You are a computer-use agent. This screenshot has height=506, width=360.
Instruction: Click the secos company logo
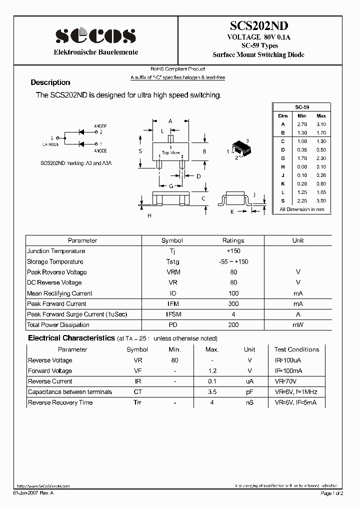point(95,35)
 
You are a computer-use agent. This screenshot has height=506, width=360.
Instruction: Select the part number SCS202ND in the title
point(258,26)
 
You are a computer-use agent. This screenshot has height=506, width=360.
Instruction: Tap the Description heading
point(50,82)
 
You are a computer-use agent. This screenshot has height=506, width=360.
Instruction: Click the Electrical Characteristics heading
point(71,338)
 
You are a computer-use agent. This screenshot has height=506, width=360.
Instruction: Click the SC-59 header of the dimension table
point(301,107)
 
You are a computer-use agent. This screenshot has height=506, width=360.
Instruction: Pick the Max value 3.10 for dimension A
point(320,124)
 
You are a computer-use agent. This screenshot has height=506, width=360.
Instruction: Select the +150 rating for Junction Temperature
point(233,251)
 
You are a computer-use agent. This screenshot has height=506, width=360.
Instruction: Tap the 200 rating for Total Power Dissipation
point(233,325)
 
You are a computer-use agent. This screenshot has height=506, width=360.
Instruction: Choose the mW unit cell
point(297,325)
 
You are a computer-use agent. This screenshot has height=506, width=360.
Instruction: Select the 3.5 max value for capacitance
point(211,392)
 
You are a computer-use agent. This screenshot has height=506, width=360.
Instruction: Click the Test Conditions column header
point(296,349)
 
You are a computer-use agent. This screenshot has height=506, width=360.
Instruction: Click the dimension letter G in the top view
point(170,186)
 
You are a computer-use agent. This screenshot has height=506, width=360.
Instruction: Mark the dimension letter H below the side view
point(149,215)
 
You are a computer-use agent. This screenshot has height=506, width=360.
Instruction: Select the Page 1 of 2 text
point(331,493)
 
